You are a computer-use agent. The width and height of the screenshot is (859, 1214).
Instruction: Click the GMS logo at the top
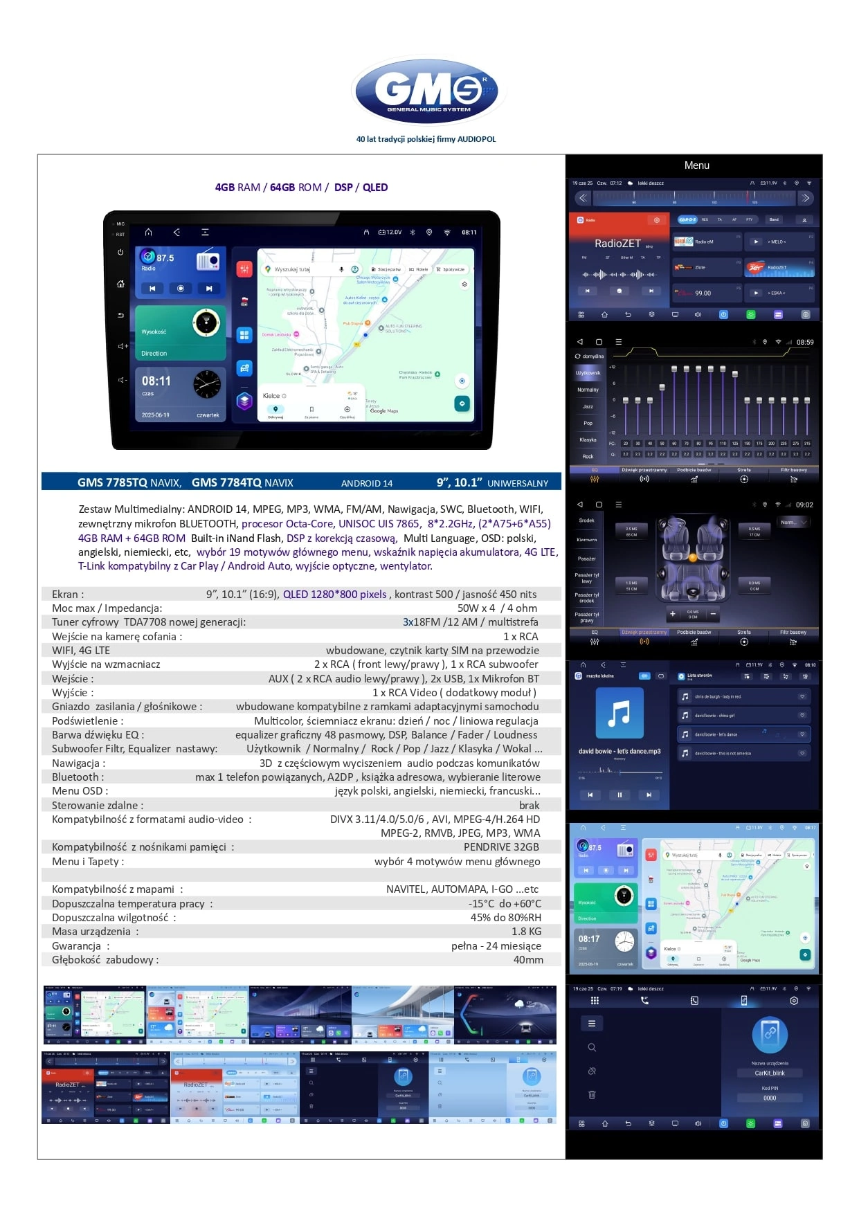pos(428,91)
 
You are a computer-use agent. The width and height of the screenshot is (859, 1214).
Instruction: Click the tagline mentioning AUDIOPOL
pos(426,139)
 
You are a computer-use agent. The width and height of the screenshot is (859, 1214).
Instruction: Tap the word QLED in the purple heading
pos(375,188)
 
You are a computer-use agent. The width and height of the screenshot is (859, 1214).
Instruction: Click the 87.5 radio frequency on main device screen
pos(165,258)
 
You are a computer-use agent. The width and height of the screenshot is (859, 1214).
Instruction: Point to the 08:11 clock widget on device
pos(156,381)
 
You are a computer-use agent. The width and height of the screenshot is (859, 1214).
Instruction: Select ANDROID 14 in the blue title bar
pos(366,483)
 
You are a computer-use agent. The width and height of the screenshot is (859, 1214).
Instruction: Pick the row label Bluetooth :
pos(78,777)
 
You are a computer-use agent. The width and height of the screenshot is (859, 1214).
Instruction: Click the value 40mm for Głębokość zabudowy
pos(527,960)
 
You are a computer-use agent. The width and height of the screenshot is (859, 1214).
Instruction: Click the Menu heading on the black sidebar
pos(696,165)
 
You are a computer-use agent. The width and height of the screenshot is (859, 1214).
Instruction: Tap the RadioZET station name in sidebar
pos(617,244)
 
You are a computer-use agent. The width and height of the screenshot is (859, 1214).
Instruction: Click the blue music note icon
pos(620,713)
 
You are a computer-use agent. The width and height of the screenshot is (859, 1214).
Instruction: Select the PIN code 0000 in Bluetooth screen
pos(769,1098)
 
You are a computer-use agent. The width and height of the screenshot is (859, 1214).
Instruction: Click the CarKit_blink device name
pos(769,1073)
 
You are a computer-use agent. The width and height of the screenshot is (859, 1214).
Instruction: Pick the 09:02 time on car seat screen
pos(804,505)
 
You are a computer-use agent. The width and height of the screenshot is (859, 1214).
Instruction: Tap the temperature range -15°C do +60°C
pos(505,904)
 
